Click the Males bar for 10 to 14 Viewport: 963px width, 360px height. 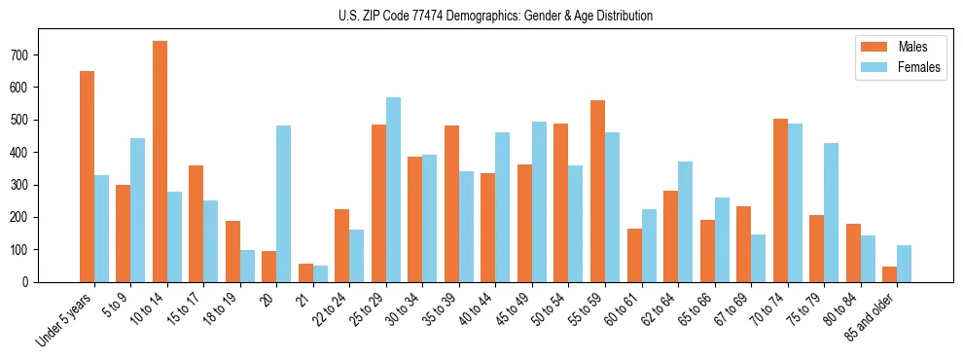click(x=160, y=162)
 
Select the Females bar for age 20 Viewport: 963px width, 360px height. click(x=284, y=203)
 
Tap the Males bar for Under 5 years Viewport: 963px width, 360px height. click(x=87, y=176)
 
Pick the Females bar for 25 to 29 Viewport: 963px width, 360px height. click(x=393, y=190)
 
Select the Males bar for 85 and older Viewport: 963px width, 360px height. click(x=890, y=274)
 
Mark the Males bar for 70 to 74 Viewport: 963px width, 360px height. click(x=780, y=200)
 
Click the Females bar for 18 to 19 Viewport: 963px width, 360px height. click(x=247, y=266)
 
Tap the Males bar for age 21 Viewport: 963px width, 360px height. click(x=305, y=272)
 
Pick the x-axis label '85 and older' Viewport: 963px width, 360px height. click(x=873, y=317)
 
